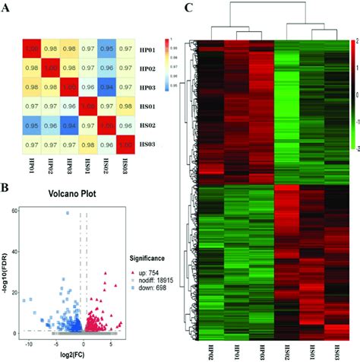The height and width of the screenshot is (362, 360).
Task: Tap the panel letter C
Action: coord(190,10)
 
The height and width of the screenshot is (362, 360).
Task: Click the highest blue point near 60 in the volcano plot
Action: coord(67,213)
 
